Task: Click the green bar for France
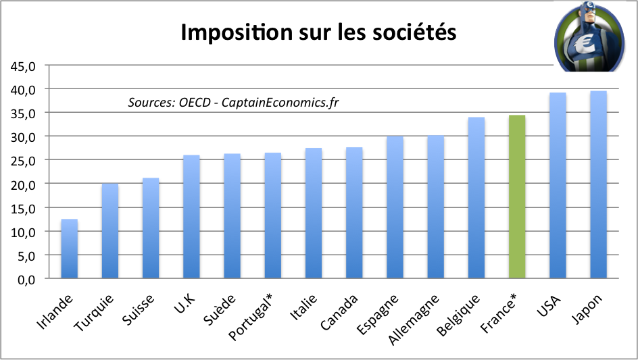[517, 197]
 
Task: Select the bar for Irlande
[69, 249]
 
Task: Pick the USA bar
[558, 185]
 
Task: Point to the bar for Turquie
[109, 231]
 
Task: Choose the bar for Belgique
[476, 198]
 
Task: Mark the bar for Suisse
[150, 228]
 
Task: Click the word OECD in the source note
[194, 102]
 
